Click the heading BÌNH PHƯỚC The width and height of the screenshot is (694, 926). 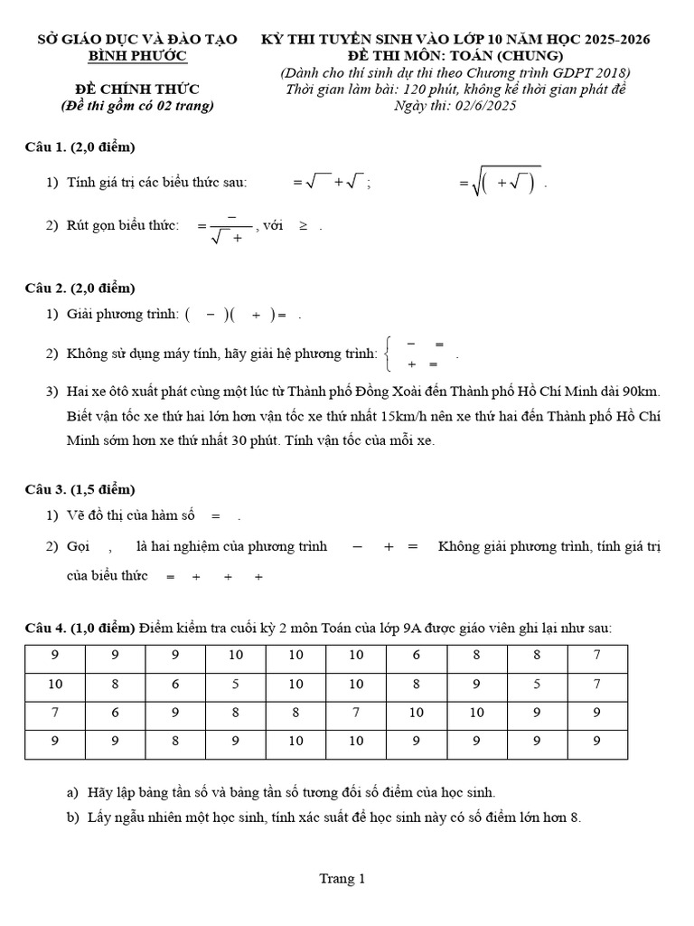pos(137,56)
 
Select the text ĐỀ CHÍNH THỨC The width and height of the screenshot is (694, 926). pos(136,89)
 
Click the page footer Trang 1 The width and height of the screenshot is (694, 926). pos(342,878)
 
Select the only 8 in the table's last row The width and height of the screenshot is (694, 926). pos(175,741)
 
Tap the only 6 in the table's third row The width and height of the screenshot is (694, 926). pos(115,713)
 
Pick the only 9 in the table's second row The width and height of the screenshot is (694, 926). pos(477,685)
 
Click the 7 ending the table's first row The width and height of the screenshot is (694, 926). pos(597,656)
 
